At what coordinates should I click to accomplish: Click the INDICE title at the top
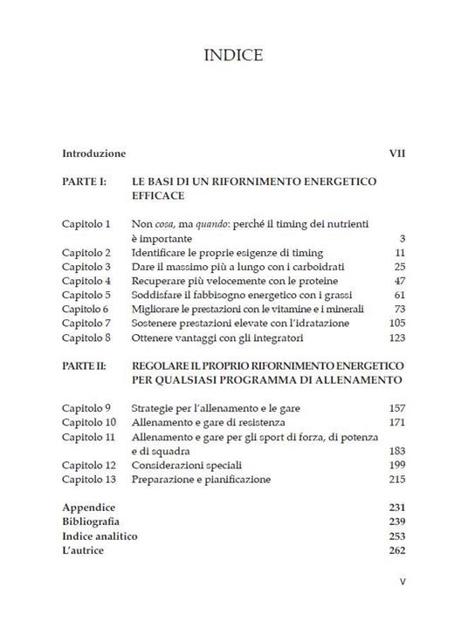[233, 57]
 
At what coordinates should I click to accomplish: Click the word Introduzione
[94, 153]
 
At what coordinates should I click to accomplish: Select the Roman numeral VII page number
[396, 153]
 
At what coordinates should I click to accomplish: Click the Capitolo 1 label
[86, 224]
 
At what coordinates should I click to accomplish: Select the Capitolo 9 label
[86, 408]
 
